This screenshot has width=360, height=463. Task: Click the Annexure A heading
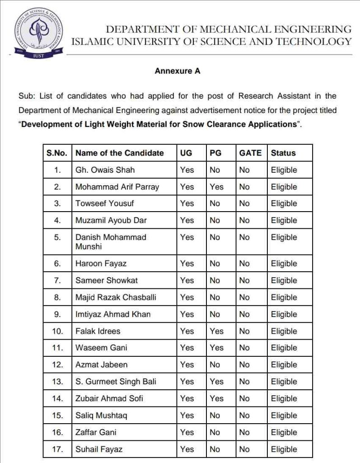pos(177,71)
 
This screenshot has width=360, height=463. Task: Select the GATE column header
pos(250,153)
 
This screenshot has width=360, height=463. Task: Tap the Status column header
pos(283,153)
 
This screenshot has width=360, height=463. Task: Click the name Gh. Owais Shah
pos(105,170)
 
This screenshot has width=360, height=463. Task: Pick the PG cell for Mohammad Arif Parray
pos(216,187)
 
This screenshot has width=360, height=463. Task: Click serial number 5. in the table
pos(57,237)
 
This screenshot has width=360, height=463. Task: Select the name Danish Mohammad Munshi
pos(111,241)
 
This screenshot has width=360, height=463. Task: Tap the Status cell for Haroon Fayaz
pos(284,264)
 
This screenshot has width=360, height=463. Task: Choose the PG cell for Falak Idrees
pos(216,331)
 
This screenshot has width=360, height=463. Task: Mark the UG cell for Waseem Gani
pos(187,348)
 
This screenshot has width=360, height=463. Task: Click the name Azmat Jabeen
pos(102,364)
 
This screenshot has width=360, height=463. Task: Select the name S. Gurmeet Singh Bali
pos(116,382)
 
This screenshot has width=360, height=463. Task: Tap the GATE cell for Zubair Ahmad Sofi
pos(244,398)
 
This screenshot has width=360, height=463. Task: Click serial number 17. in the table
pos(57,449)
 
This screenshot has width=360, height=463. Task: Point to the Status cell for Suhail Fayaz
pos(284,449)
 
